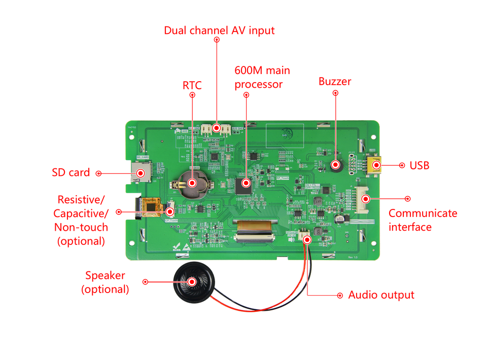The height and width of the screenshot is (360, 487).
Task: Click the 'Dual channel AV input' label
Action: pos(219,30)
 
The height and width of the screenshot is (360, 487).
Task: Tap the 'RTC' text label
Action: pos(192,85)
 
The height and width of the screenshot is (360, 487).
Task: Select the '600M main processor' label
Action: pos(258,77)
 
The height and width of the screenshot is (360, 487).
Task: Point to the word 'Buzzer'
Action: pos(335,81)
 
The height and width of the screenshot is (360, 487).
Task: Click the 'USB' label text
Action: pos(420,165)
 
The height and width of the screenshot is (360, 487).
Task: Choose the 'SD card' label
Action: pos(71,172)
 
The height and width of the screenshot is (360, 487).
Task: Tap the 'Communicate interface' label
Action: pos(423,220)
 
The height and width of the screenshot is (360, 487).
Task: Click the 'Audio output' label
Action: pos(381,295)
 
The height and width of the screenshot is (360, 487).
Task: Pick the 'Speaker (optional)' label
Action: pos(105,282)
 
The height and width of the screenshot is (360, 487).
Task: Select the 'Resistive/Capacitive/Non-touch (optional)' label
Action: pos(81,220)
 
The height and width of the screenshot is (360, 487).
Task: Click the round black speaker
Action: pos(192,282)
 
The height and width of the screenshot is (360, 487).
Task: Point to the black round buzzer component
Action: pos(335,164)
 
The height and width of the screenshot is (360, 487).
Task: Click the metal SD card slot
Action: pos(141,172)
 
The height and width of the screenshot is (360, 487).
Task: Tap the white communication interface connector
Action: pos(364,199)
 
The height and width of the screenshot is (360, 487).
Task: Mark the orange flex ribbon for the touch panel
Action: pos(151,206)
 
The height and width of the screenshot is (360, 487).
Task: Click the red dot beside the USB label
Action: pos(401,165)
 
